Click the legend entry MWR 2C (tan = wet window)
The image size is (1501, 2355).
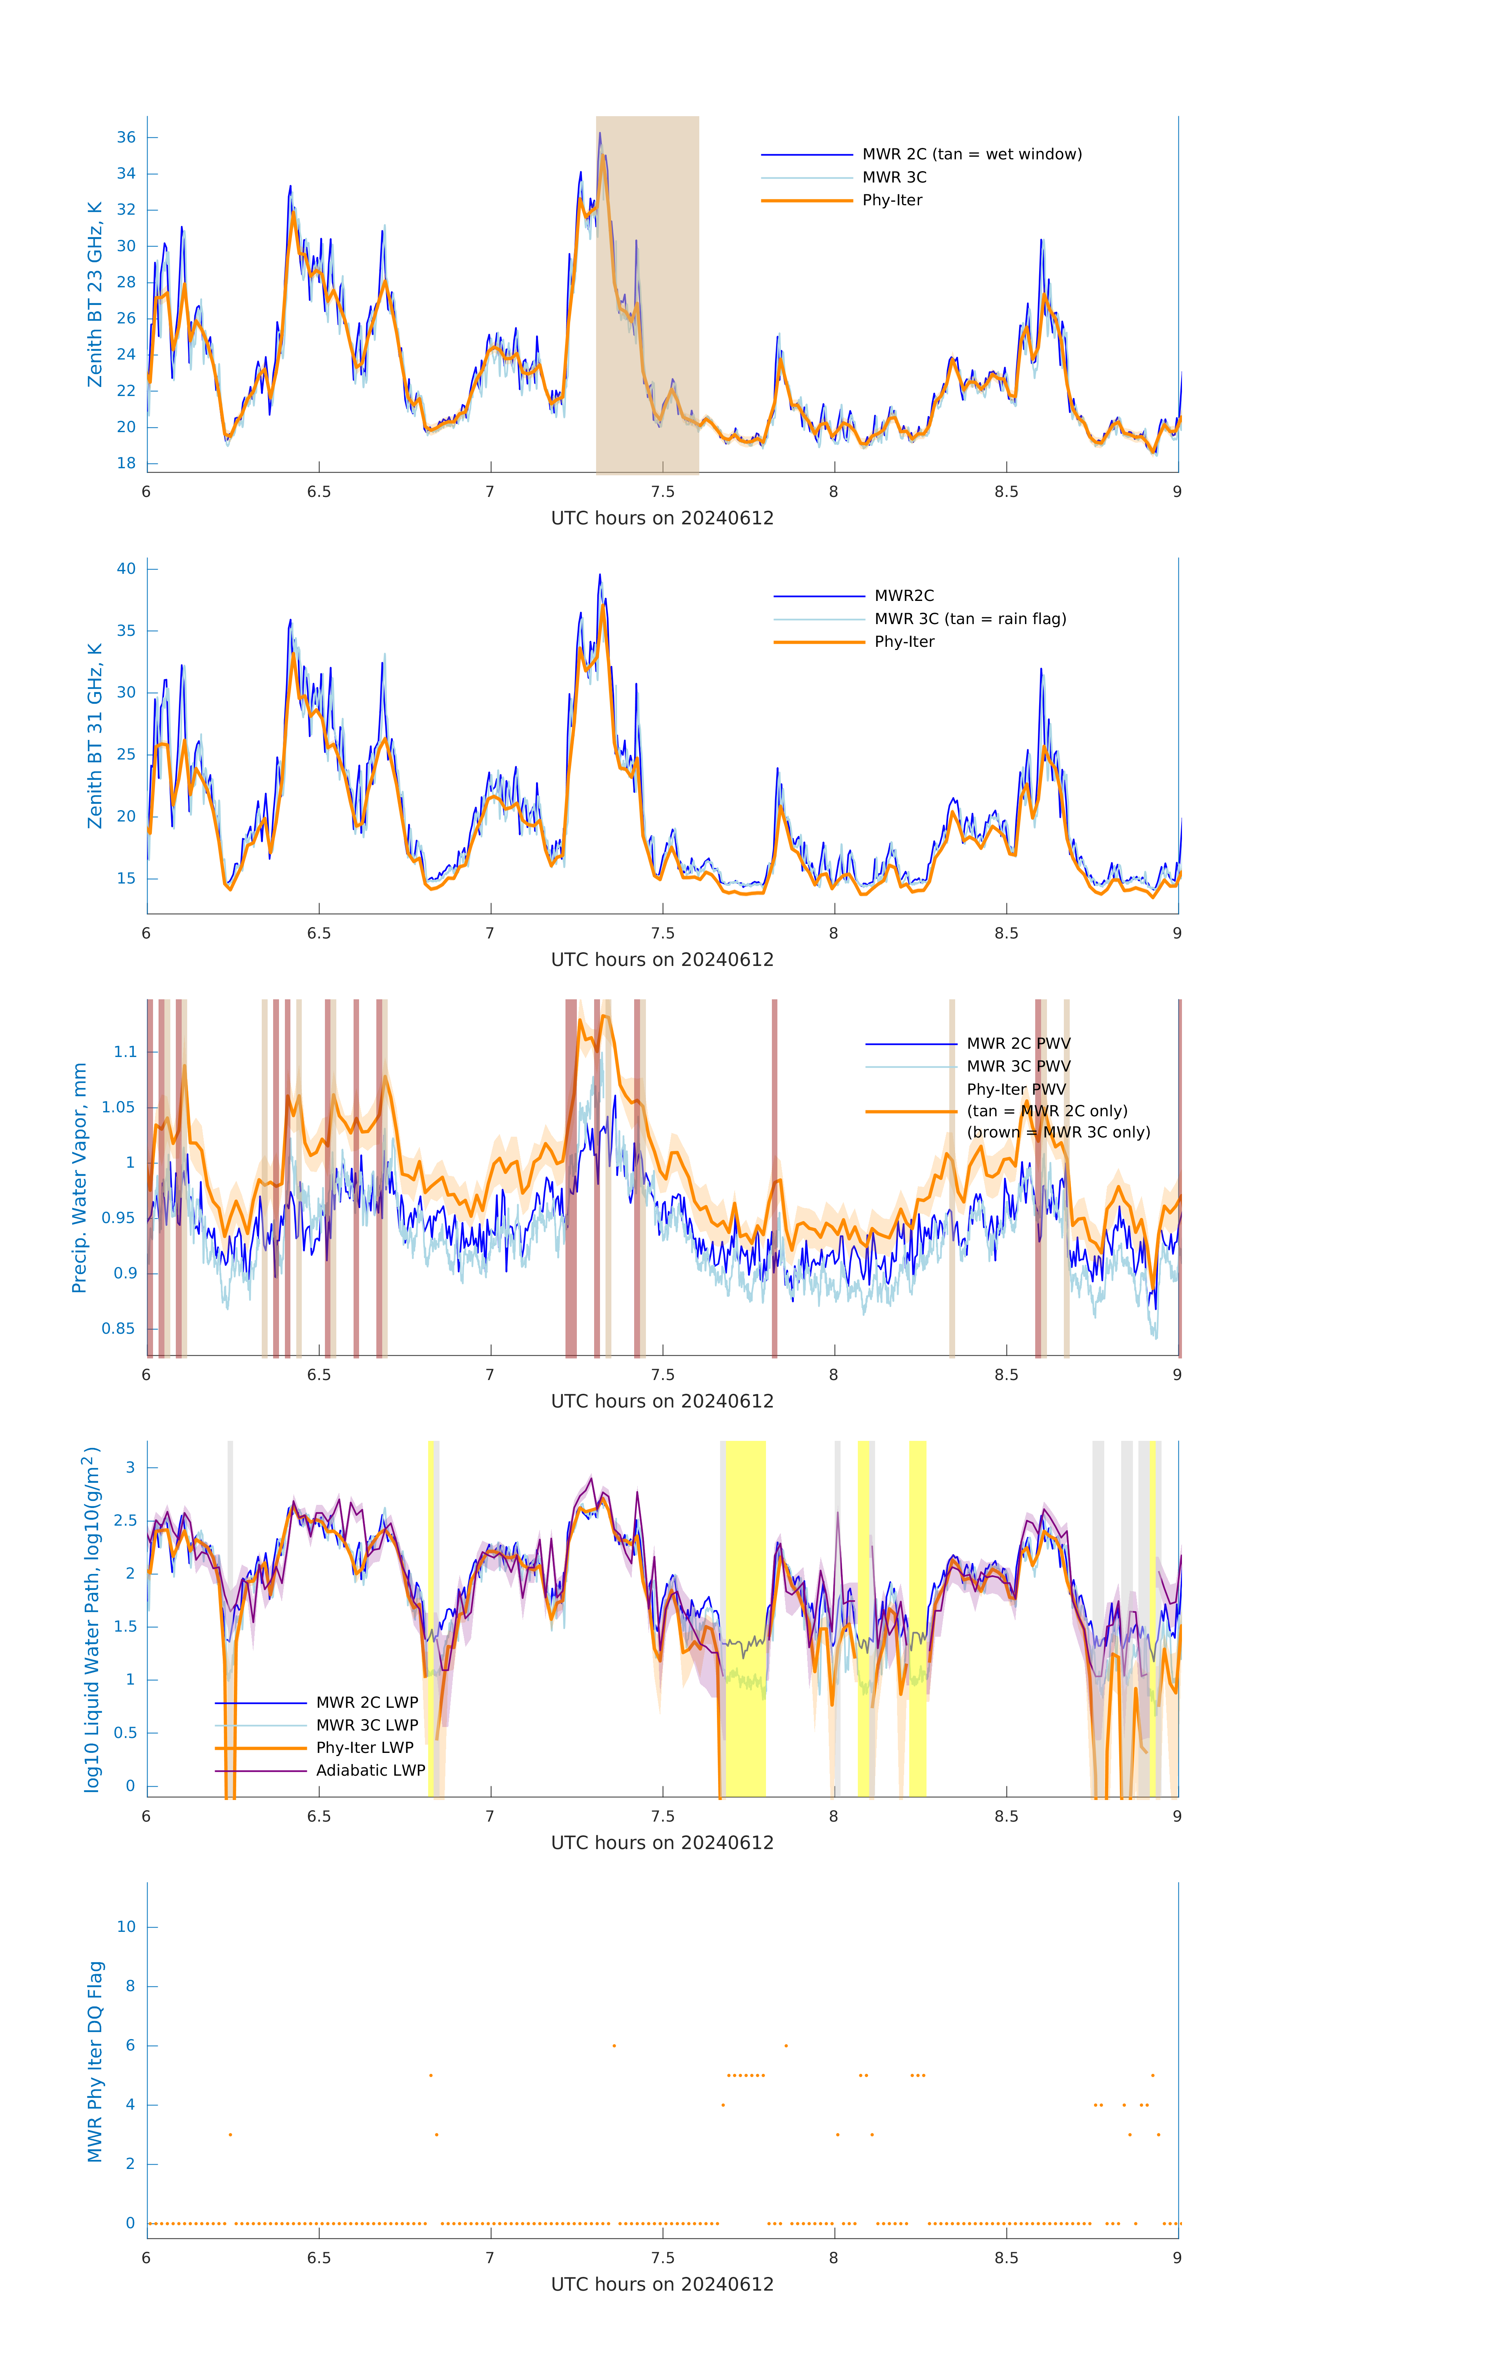[x=971, y=155]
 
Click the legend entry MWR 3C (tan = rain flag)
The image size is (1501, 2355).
[x=969, y=619]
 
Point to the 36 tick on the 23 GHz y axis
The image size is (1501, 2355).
[x=126, y=138]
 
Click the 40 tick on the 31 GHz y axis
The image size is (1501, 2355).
[x=126, y=569]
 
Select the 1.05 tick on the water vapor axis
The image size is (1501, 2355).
[x=119, y=1108]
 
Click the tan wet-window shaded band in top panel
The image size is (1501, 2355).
[x=647, y=294]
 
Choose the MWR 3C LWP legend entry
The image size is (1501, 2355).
[x=367, y=1725]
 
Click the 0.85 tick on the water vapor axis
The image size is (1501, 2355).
[x=119, y=1329]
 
